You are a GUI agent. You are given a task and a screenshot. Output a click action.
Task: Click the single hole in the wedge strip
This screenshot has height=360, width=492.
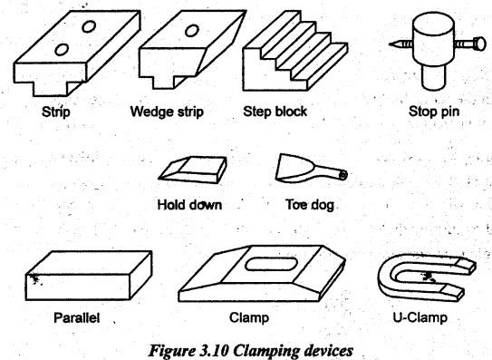tap(192, 31)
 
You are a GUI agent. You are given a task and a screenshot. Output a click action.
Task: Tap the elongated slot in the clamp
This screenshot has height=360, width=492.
tap(271, 264)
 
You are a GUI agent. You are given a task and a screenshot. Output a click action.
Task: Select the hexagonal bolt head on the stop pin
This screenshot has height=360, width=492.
tap(479, 44)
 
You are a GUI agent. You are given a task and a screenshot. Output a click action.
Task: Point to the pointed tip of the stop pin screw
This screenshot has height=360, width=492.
tap(390, 44)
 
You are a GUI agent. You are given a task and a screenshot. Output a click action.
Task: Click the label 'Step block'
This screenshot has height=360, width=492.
tap(275, 112)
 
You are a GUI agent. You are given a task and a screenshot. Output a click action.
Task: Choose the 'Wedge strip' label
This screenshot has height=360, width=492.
tap(167, 112)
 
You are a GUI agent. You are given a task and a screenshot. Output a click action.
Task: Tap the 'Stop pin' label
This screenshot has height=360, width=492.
tap(434, 112)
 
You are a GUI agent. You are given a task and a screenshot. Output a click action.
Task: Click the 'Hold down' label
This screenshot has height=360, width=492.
tap(189, 205)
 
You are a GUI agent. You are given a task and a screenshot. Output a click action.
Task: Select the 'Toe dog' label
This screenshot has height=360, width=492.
tap(310, 205)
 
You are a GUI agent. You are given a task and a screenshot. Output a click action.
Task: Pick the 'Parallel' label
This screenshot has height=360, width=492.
tap(76, 317)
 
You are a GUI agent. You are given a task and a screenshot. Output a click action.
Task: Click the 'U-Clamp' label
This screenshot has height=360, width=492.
tap(420, 317)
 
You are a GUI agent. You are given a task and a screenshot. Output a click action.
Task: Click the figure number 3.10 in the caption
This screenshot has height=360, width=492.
tap(214, 351)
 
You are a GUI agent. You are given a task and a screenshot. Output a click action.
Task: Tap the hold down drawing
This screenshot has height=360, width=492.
tap(193, 169)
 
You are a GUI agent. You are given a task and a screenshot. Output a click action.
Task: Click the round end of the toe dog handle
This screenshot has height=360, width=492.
tap(343, 175)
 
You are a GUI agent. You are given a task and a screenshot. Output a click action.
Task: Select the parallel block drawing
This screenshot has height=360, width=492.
tap(89, 276)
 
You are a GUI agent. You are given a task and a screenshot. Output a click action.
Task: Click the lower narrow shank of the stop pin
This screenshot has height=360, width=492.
tap(433, 77)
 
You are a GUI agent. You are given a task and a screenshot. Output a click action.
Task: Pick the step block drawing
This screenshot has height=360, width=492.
tap(295, 51)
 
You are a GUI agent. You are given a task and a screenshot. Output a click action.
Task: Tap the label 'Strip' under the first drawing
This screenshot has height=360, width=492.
tap(56, 112)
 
